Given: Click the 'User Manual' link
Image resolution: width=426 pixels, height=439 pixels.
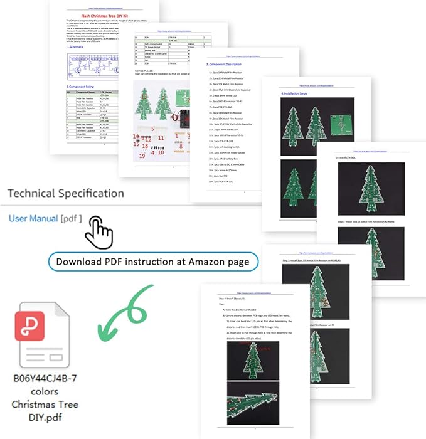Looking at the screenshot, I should [x=33, y=218].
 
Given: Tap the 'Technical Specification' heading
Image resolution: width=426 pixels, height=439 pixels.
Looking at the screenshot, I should [x=65, y=193].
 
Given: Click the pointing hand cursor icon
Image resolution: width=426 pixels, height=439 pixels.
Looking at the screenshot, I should [x=99, y=232].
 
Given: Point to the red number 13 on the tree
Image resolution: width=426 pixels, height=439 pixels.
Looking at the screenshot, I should [x=144, y=97].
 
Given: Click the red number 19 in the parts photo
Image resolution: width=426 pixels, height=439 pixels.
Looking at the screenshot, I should [x=142, y=155].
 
